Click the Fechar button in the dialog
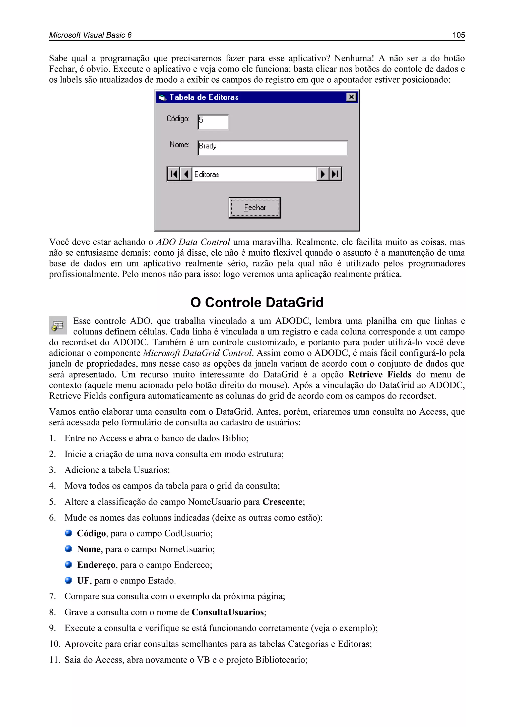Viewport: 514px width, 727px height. (x=254, y=208)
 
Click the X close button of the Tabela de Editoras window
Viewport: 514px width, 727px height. (x=351, y=97)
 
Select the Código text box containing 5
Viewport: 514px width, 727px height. (x=213, y=122)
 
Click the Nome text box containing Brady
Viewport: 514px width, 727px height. (x=272, y=148)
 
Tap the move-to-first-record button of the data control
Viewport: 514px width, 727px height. (x=173, y=174)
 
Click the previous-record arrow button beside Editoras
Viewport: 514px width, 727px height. (x=186, y=174)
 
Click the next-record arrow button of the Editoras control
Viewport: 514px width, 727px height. (x=323, y=174)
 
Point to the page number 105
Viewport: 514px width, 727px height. (x=458, y=35)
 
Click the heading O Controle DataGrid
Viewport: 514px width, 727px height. (x=257, y=302)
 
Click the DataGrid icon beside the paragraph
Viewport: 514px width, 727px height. (x=58, y=325)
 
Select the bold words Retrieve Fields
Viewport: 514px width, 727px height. (x=380, y=375)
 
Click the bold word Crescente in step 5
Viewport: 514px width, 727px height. (x=282, y=502)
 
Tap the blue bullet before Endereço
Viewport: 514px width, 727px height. (x=68, y=565)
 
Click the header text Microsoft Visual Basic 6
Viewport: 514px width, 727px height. (x=90, y=35)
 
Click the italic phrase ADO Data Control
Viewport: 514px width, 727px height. (x=193, y=242)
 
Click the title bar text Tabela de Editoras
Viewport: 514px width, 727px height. (x=204, y=97)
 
